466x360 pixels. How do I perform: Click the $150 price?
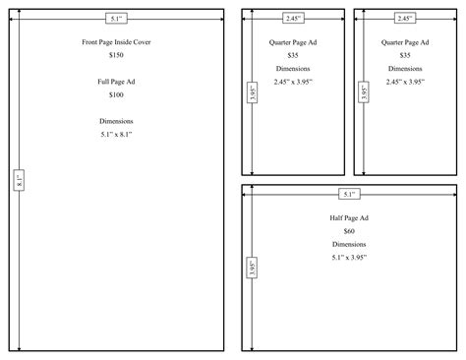point(116,58)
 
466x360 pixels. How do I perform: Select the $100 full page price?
point(116,94)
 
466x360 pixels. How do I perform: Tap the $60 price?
point(349,229)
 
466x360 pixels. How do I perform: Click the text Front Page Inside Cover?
point(116,42)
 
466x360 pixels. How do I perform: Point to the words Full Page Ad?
point(116,80)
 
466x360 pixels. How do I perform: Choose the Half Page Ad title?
point(349,216)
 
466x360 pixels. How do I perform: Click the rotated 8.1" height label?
point(19,181)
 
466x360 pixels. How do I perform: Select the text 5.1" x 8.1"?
point(116,134)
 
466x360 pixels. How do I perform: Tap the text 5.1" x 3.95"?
point(349,257)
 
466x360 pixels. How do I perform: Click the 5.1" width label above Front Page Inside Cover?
point(116,18)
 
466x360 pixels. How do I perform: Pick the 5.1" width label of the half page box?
point(349,194)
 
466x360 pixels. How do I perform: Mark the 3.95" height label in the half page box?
point(252,268)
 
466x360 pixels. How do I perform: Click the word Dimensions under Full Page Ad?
point(116,120)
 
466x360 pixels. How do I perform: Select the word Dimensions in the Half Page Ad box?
point(349,243)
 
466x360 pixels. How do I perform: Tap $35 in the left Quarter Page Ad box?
point(293,55)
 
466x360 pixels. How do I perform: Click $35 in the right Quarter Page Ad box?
point(405,55)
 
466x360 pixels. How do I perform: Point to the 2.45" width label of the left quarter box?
point(293,18)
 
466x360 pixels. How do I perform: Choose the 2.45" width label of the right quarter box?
point(405,18)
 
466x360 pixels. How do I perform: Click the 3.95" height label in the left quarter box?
point(252,94)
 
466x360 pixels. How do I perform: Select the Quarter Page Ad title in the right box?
point(405,43)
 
